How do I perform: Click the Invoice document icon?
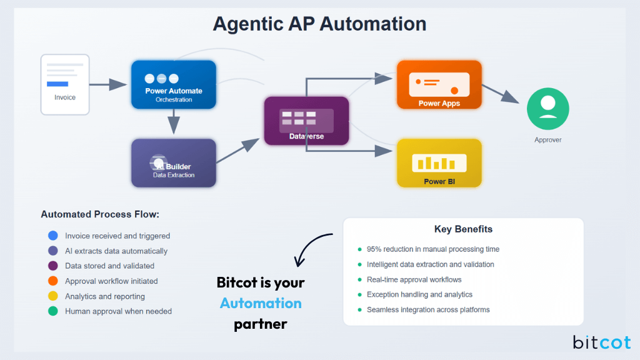click(65, 84)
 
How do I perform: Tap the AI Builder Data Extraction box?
click(173, 163)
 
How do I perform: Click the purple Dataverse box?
click(306, 121)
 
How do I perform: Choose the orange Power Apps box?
click(439, 85)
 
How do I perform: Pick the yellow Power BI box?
click(439, 163)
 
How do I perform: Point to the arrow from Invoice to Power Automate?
click(109, 84)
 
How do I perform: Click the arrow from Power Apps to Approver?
click(502, 93)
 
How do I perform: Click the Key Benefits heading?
click(463, 229)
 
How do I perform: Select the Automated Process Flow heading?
click(100, 214)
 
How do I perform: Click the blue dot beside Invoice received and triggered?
click(52, 236)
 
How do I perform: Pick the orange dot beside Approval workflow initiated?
click(52, 281)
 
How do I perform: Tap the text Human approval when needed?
click(118, 311)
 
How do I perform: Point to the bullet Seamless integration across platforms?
click(428, 309)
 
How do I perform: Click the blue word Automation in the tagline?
click(261, 303)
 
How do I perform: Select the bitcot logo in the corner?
click(601, 342)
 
